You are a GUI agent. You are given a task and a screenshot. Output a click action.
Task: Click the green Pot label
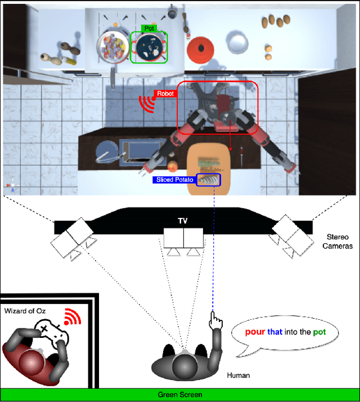tap(148, 28)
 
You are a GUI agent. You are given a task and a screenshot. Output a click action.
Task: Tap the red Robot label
tap(165, 93)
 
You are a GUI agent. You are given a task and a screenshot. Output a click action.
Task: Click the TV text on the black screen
tap(183, 221)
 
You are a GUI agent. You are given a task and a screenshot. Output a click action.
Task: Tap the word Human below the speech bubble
tap(238, 374)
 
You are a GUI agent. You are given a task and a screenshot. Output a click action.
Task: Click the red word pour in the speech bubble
tap(253, 332)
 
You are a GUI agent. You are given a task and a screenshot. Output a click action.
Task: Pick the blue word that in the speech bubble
tap(274, 332)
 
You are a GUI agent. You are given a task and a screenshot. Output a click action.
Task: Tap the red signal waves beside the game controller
tap(72, 316)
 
